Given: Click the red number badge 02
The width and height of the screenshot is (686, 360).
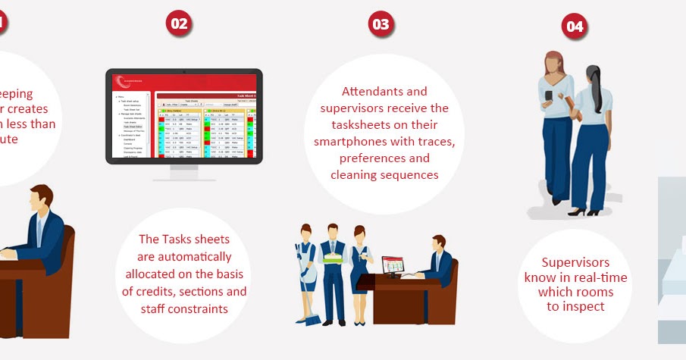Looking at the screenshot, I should (179, 23).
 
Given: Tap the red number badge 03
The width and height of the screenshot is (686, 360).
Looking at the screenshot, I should (381, 24).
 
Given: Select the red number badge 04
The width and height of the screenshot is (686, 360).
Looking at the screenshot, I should (575, 27).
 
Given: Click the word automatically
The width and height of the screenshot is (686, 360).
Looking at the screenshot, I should (184, 257).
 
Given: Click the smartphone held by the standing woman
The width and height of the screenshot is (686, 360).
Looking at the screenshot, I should (549, 95).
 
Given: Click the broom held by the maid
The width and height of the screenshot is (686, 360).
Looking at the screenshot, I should (302, 292).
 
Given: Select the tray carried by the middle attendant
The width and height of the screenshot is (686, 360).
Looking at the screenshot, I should (333, 258).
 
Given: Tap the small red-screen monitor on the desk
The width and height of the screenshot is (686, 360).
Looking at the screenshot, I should (393, 265).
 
